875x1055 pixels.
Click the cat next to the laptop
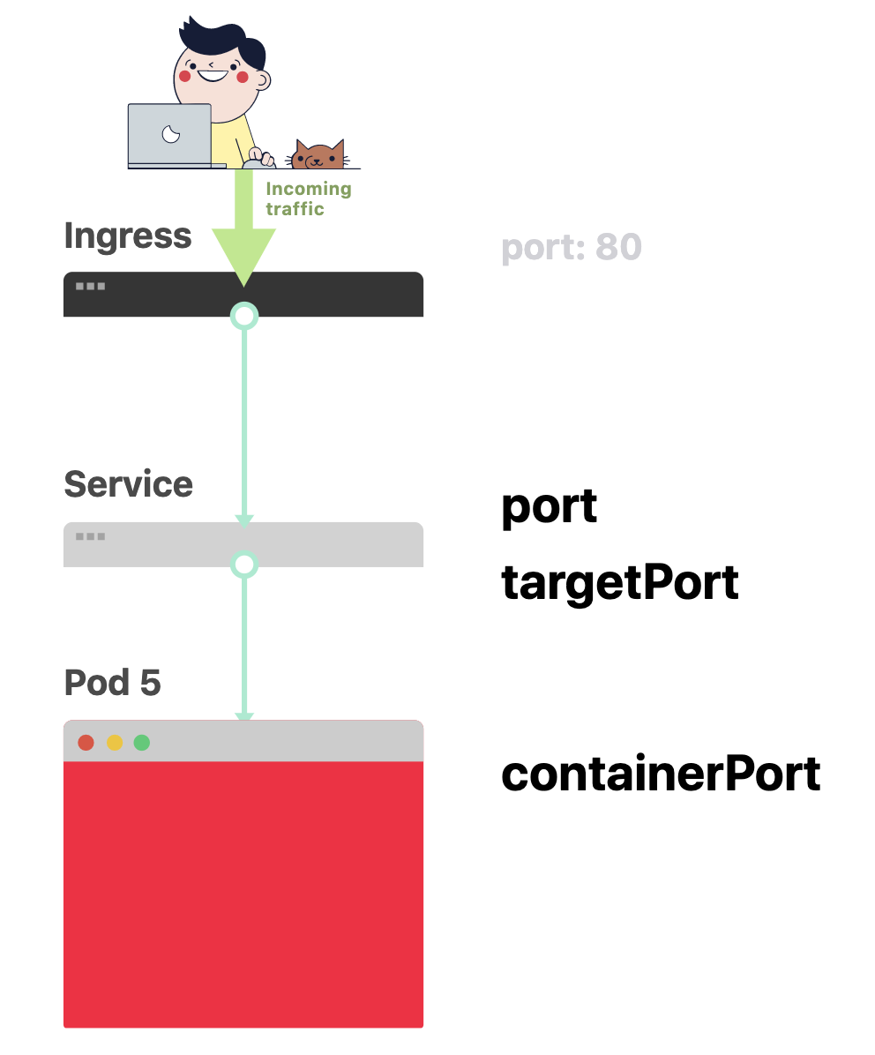319,155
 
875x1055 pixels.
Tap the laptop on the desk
170,135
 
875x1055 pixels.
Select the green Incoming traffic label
308,198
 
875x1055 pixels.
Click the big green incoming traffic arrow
243,229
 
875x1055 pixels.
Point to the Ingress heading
128,236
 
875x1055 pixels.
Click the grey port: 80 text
571,248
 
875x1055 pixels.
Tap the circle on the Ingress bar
244,315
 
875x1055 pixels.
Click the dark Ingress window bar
335,294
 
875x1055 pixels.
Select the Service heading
129,484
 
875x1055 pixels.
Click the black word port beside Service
549,507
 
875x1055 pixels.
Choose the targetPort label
619,583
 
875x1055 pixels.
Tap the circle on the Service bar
244,564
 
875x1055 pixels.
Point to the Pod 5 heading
113,683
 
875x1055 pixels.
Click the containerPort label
661,774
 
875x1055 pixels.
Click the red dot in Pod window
86,743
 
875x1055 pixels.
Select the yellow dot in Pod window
115,743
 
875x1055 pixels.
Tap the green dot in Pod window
142,743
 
